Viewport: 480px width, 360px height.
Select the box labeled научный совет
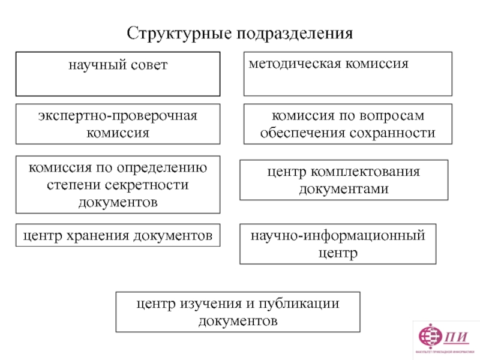click(118, 74)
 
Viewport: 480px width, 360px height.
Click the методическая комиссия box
click(347, 74)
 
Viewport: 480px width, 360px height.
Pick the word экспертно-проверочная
click(118, 115)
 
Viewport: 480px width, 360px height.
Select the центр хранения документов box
click(118, 235)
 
